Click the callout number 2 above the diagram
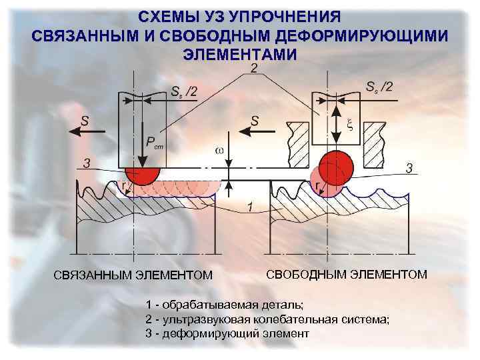pyautogui.click(x=254, y=69)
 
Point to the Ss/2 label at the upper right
pyautogui.click(x=379, y=86)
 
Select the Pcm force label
pyautogui.click(x=153, y=143)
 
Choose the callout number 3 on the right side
pyautogui.click(x=409, y=166)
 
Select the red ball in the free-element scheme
pyautogui.click(x=336, y=165)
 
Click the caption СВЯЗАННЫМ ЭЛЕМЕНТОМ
pyautogui.click(x=133, y=275)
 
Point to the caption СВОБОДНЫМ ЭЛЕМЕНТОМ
pyautogui.click(x=347, y=274)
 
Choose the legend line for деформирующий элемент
pyautogui.click(x=227, y=333)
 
